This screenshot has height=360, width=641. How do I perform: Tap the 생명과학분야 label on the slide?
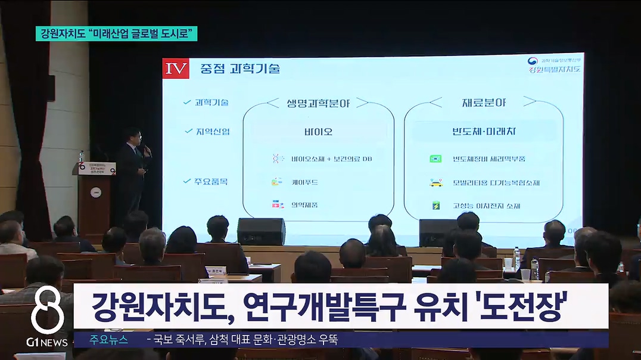[x=318, y=103]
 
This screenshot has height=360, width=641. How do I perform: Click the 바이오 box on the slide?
[x=318, y=131]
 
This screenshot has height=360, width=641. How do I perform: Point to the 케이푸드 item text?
[x=303, y=181]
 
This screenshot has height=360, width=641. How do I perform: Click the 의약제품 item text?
[x=304, y=204]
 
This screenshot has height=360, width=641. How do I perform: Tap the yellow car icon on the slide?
[x=436, y=182]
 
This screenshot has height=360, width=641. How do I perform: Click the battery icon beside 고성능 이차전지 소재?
[x=436, y=206]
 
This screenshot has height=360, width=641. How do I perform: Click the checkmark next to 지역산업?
[x=186, y=131]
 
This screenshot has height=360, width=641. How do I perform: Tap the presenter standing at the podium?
[x=132, y=173]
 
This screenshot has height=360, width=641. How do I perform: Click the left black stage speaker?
[x=261, y=231]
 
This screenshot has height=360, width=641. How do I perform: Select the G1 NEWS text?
[x=47, y=342]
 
